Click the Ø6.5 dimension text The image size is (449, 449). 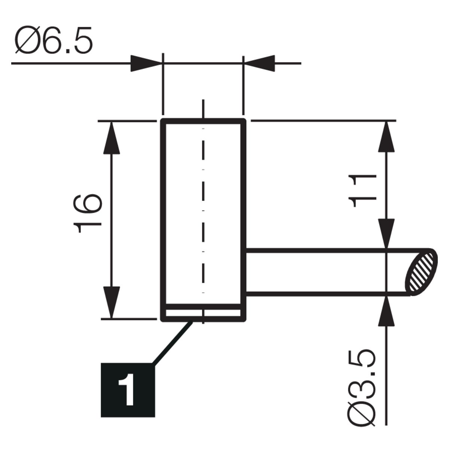(54, 40)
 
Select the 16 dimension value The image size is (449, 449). (88, 213)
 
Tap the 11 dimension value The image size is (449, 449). (362, 190)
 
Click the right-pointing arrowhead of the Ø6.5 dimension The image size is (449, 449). (146, 63)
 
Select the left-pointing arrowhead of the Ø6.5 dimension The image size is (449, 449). (259, 63)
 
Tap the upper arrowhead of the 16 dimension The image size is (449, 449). (112, 138)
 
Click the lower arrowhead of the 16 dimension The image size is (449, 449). (112, 302)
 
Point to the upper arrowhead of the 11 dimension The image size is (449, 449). (386, 137)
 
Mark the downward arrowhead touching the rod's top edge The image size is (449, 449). (386, 234)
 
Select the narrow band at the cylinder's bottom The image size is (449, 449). (203, 313)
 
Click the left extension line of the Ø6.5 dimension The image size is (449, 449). (163, 84)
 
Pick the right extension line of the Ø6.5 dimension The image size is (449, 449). (244, 85)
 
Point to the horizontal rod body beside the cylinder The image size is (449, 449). (326, 272)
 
